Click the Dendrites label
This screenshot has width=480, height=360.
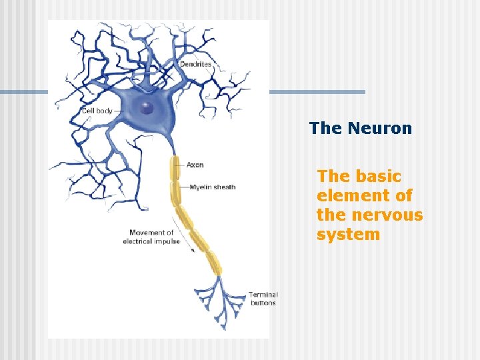195,65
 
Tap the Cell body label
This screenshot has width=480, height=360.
97,111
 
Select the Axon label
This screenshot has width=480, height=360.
195,165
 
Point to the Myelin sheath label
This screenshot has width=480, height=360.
212,187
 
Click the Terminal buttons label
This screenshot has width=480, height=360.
263,298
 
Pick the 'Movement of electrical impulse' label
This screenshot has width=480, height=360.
151,237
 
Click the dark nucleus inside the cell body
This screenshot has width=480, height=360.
147,108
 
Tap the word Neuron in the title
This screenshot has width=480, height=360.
379,129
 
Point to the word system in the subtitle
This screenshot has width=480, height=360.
348,235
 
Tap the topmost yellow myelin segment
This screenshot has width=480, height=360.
175,168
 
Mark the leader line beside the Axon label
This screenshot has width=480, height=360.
182,165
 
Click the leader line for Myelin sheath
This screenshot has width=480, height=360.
184,187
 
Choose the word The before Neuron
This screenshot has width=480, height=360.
325,129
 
